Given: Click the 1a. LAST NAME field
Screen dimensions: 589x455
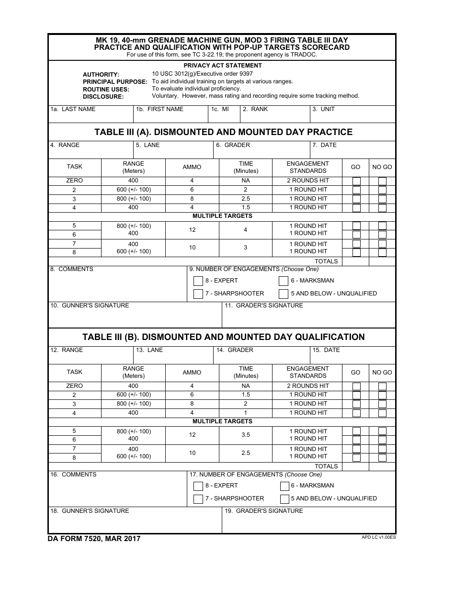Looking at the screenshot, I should [91, 117].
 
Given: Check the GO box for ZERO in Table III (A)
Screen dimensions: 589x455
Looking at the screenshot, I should [356, 181].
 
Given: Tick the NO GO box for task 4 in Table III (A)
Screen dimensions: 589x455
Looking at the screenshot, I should [382, 208].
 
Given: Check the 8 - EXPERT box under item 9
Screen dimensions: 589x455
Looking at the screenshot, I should [198, 281].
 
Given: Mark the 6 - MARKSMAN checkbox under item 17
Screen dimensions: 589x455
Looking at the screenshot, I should [284, 486].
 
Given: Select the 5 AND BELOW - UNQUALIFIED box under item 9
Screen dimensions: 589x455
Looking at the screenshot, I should [284, 294].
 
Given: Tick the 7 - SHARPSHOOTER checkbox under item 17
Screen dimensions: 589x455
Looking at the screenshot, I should [198, 499].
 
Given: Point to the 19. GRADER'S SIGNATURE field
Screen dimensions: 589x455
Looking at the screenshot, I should [308, 522].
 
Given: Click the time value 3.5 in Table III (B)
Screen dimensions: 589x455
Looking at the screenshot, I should [246, 435].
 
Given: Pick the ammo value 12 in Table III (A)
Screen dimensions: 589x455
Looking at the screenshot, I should [192, 230].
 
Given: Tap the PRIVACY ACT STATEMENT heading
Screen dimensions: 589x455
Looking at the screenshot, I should [223, 66].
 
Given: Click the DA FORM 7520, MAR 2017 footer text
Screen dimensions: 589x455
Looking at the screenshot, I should [94, 539].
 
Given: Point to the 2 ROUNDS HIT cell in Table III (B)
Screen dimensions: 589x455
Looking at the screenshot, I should [308, 386].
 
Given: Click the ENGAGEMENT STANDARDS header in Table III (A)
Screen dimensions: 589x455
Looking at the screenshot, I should [307, 167].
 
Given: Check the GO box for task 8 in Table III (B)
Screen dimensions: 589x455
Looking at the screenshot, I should [356, 457].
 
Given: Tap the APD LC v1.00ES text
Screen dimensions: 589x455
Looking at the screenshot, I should [378, 537].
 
